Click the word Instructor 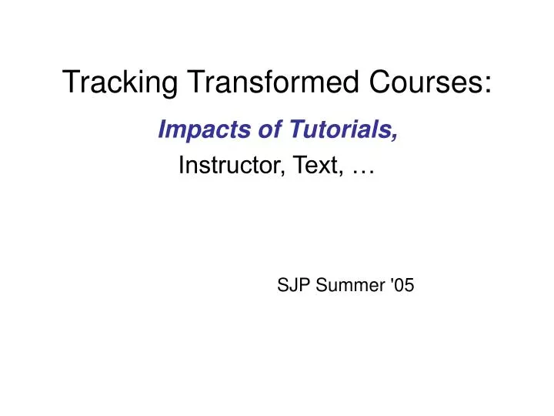tap(224, 166)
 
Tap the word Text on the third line tap(305, 166)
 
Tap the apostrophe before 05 tap(392, 281)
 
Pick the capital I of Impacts tap(162, 133)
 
